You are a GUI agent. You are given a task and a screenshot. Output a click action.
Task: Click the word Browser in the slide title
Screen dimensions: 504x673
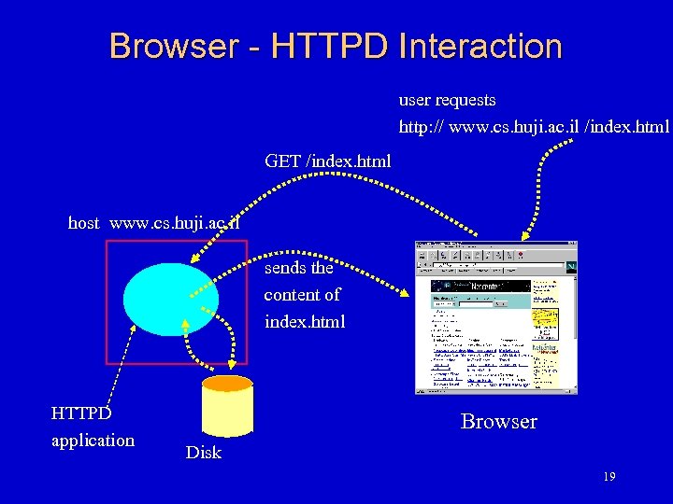171,46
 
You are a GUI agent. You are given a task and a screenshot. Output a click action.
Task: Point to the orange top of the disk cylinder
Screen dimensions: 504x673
228,383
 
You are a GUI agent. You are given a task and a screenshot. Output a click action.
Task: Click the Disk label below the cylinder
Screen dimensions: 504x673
203,453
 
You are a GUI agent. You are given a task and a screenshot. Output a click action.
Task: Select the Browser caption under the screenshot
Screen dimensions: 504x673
499,422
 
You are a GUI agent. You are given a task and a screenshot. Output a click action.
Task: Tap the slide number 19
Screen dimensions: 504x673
609,478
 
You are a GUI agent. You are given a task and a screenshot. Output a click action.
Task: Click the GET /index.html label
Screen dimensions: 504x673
328,161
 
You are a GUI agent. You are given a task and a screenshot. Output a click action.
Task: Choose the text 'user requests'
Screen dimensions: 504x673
447,100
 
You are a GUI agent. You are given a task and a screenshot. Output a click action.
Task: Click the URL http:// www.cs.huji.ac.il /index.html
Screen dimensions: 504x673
534,126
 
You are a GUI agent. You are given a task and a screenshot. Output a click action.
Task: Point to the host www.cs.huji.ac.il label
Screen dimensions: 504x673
154,223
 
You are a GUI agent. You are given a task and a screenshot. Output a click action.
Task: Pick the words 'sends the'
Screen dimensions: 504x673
298,268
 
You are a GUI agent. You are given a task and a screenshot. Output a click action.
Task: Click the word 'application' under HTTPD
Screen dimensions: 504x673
93,440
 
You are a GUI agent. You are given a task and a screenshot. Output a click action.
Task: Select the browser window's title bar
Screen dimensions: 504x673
495,245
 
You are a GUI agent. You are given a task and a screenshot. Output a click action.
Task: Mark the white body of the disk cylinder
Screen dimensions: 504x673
228,415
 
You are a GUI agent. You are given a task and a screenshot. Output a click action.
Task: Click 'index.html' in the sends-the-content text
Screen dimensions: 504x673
305,322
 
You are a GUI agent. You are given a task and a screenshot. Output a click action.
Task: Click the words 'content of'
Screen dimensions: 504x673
302,295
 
